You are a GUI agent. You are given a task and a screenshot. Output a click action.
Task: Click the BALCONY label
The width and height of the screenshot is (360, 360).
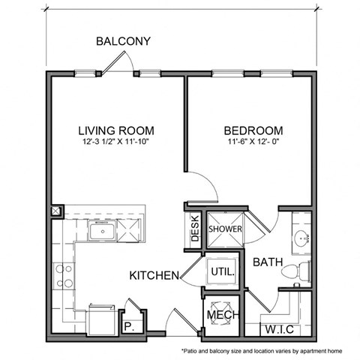click(124, 42)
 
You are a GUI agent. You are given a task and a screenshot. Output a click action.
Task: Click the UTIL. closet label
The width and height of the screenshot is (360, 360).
click(223, 272)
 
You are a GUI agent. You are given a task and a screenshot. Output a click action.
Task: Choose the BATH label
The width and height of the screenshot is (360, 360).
click(266, 263)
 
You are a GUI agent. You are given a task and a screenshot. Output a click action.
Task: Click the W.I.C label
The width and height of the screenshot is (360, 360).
click(279, 328)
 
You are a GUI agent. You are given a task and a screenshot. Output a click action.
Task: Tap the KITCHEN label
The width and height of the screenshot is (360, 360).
click(154, 275)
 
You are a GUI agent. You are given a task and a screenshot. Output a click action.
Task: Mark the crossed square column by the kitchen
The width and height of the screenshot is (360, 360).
click(55, 211)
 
